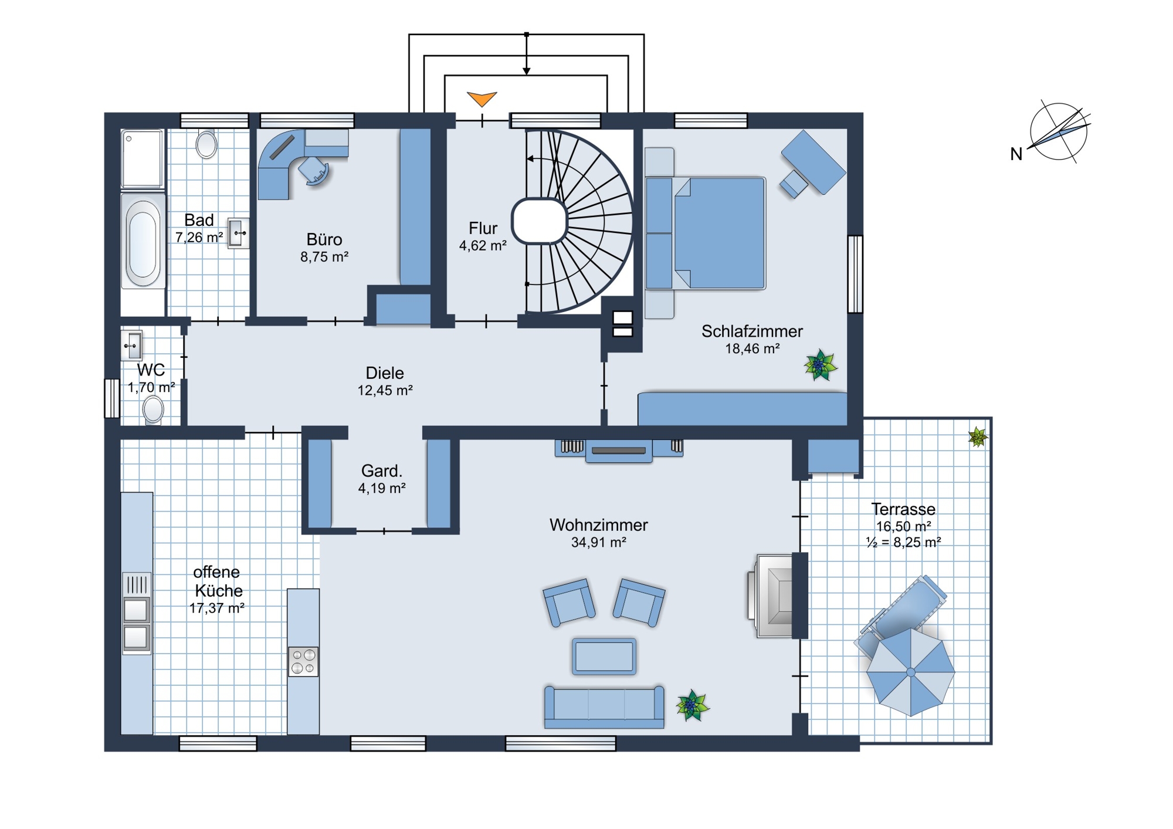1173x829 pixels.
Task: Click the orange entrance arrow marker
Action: coord(482,99)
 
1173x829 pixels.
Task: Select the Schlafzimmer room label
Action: coord(752,331)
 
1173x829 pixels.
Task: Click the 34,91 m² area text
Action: coord(598,543)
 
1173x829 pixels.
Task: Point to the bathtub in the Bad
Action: coord(143,241)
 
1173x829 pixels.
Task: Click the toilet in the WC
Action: coord(154,410)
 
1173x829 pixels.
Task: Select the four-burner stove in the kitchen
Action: coord(303,662)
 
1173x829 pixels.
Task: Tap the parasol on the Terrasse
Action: coord(910,672)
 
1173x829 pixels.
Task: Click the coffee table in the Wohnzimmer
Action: coord(604,657)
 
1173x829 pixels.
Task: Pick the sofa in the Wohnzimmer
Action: coord(604,707)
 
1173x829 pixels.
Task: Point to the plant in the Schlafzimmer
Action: coord(820,365)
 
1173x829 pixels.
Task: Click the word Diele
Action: coord(385,373)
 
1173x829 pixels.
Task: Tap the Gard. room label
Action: coord(382,471)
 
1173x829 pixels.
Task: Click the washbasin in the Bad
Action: coord(238,234)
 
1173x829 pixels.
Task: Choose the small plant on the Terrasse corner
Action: coord(978,437)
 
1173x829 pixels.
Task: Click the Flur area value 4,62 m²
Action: coord(483,246)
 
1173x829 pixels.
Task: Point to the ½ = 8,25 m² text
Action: coord(903,542)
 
